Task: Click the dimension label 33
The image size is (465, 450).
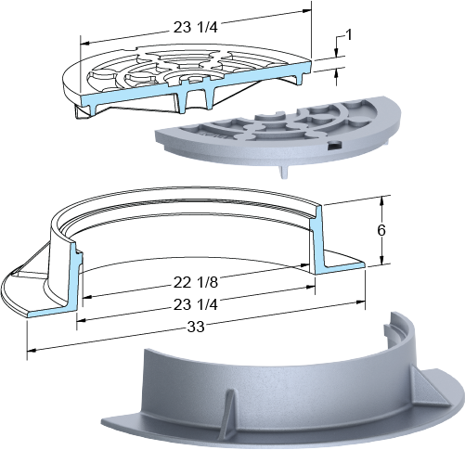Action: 196,327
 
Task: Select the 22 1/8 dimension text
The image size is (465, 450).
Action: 196,282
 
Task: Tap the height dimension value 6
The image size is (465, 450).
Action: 381,230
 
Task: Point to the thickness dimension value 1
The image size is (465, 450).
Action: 348,35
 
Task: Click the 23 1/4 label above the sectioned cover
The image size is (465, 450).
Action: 196,28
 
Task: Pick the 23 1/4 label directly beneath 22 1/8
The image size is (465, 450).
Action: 196,305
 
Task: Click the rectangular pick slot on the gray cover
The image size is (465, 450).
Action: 334,145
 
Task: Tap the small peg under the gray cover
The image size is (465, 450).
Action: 285,173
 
